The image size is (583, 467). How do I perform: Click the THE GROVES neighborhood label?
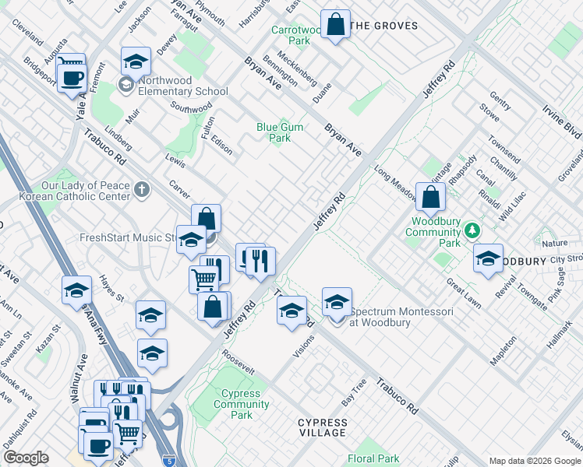pyautogui.click(x=383, y=26)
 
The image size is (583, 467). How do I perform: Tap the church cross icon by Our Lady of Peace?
pyautogui.click(x=141, y=189)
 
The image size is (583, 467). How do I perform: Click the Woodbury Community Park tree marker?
pyautogui.click(x=472, y=231)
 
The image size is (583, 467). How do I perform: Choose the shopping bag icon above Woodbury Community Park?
pyautogui.click(x=430, y=197)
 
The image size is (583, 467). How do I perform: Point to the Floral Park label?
pyautogui.click(x=373, y=459)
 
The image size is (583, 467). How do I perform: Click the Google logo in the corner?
pyautogui.click(x=26, y=458)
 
